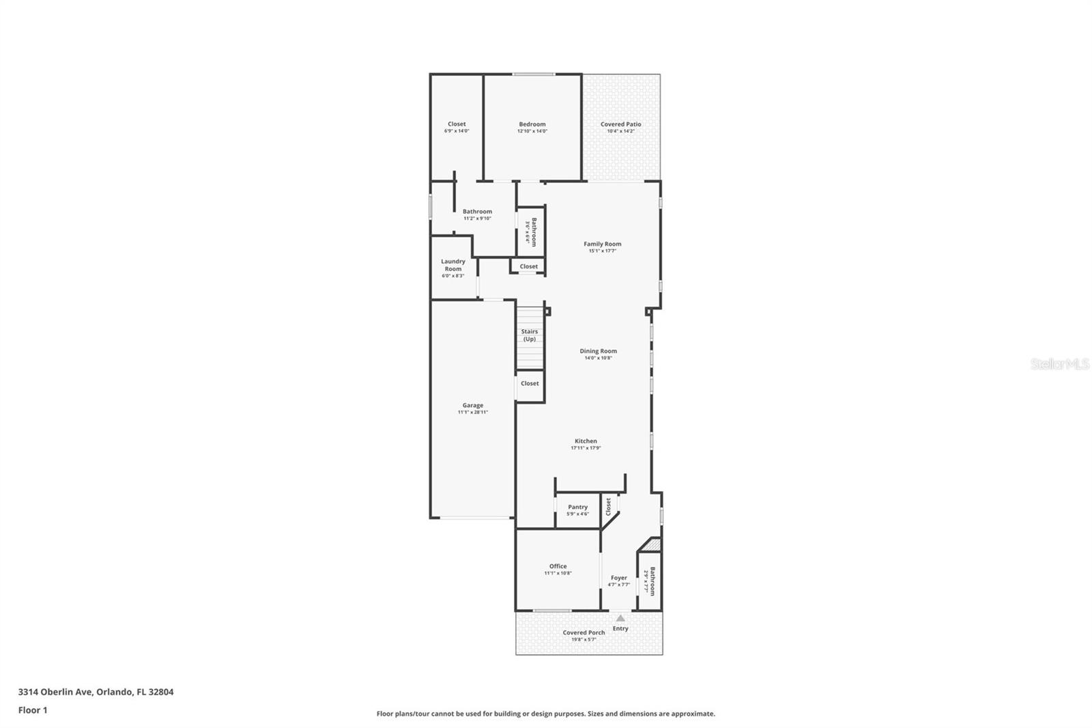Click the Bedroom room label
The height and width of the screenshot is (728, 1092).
[532, 124]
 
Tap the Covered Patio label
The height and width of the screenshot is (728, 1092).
[620, 124]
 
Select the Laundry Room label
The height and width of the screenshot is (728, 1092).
[453, 265]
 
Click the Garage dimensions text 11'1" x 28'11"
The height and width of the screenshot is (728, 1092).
[472, 412]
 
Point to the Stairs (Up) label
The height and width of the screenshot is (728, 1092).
[529, 335]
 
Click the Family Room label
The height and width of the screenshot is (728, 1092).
[602, 244]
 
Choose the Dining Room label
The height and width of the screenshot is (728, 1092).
[598, 351]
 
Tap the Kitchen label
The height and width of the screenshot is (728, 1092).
[586, 441]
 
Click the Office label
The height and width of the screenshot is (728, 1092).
[558, 566]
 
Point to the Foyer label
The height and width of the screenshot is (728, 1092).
[618, 578]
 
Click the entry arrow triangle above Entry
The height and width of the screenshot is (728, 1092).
[620, 618]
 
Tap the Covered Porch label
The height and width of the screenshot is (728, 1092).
[584, 632]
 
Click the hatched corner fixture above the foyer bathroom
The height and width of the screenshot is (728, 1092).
[651, 545]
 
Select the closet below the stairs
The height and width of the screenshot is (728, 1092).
[530, 384]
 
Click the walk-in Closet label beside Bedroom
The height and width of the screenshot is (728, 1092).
[457, 124]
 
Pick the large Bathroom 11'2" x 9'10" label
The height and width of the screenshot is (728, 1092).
[477, 212]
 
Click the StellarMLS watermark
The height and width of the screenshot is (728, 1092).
[1059, 365]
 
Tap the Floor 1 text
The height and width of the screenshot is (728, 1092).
[33, 710]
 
